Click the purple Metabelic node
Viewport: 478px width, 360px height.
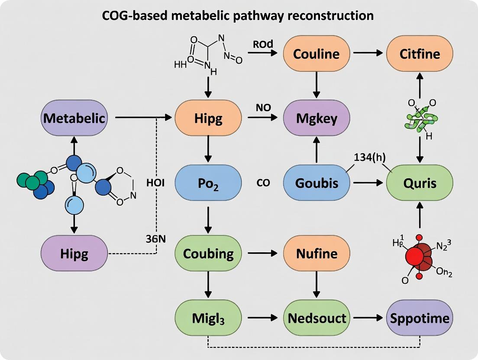coord(74,118)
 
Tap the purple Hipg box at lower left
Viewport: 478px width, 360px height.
coord(74,254)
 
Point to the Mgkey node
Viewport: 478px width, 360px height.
coord(316,118)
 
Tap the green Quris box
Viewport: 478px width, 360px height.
coord(420,183)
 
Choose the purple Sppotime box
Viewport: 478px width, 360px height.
coord(420,318)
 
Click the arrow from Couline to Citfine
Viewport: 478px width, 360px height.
coord(368,54)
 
